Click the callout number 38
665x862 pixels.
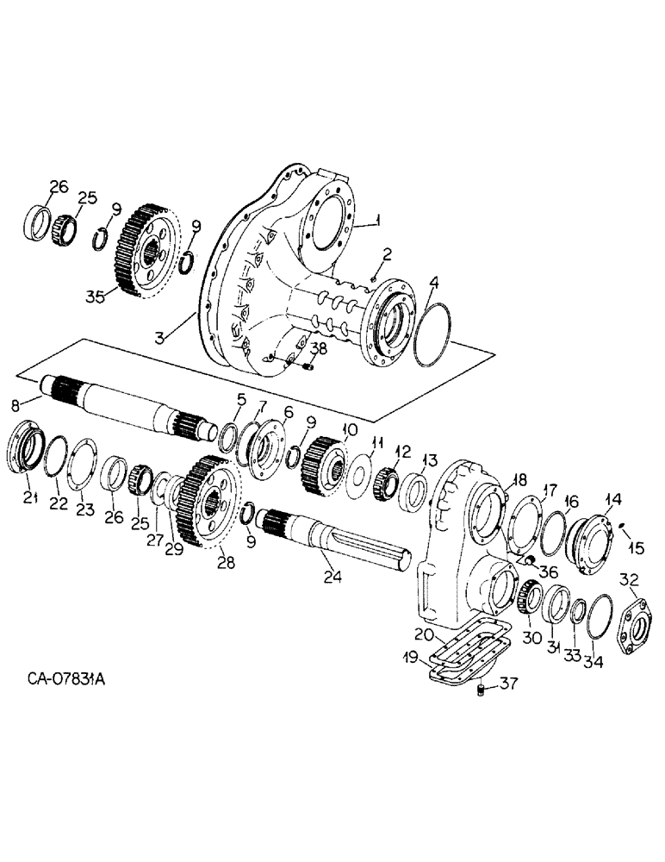[x=319, y=349]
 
